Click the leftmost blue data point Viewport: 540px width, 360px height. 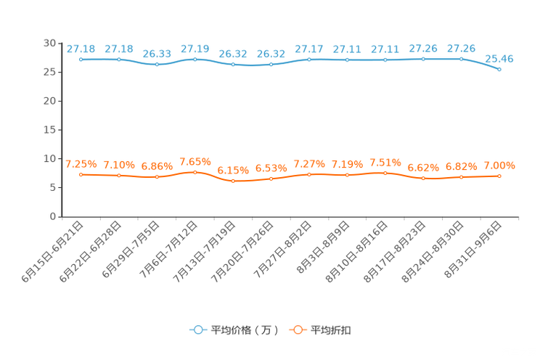(81, 59)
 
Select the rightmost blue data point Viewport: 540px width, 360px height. (499, 70)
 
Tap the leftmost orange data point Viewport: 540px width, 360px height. (81, 174)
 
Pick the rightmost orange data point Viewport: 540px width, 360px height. (499, 175)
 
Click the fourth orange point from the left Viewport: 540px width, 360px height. (195, 172)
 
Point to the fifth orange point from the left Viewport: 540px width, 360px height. (233, 181)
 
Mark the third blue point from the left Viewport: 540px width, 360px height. (157, 65)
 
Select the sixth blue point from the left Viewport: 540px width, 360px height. (271, 65)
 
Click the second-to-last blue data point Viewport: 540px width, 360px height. (461, 59)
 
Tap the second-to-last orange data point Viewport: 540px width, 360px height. (461, 176)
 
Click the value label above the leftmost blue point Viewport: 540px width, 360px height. (81, 49)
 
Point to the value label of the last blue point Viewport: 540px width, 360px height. (499, 59)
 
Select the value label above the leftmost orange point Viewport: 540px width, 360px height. (81, 164)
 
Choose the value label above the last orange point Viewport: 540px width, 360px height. (499, 165)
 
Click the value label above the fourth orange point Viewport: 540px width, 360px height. (195, 161)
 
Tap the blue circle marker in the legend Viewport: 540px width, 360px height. (197, 330)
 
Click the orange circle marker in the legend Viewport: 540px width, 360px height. (297, 330)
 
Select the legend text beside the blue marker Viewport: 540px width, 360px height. (245, 330)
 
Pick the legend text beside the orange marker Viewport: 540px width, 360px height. (332, 330)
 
